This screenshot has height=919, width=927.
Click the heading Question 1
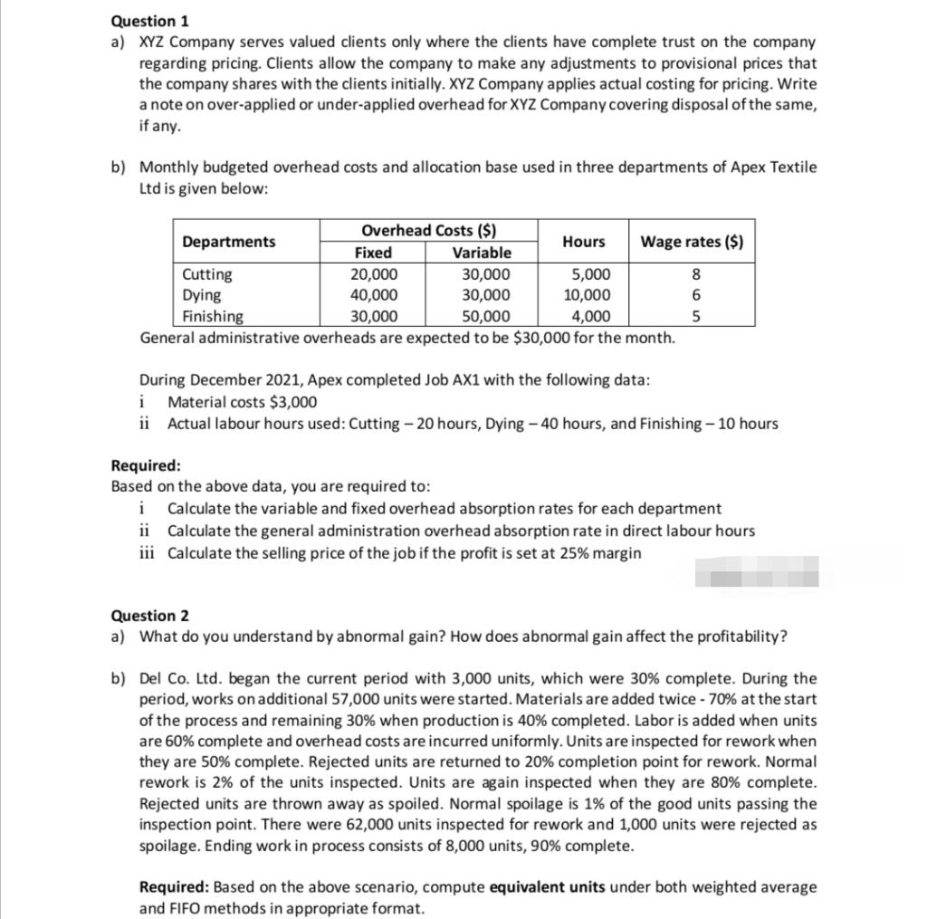pos(144,21)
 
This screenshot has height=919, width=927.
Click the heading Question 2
pos(144,616)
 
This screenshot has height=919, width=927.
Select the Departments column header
pos(229,242)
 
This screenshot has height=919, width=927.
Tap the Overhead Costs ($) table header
pos(428,231)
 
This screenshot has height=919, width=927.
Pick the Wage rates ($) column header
pos(693,242)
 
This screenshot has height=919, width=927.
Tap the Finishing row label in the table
pos(213,317)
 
